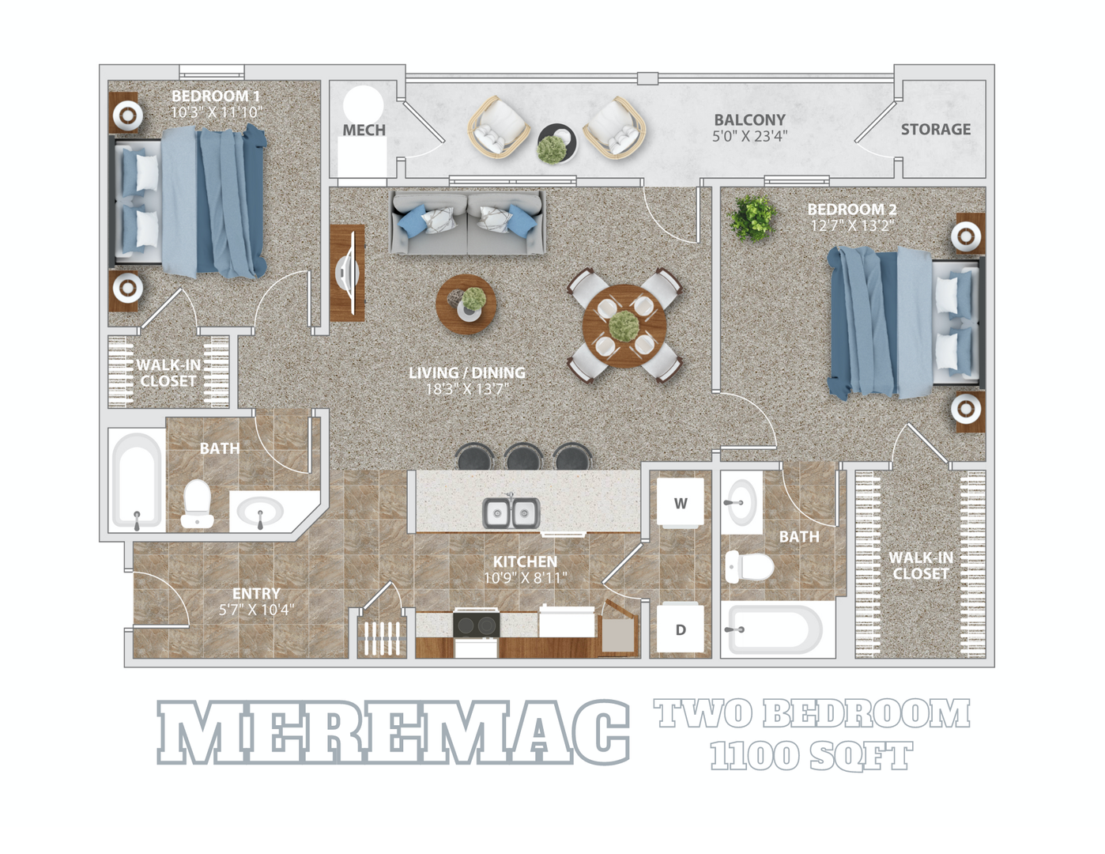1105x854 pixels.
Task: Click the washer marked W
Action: [680, 503]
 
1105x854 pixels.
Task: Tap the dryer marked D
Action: [680, 629]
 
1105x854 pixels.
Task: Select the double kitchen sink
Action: [511, 513]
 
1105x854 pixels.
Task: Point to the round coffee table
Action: [466, 304]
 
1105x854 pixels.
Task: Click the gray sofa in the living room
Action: [468, 222]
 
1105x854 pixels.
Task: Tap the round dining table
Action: [624, 325]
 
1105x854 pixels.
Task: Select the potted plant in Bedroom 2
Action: [752, 217]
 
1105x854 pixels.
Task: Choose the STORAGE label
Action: [935, 129]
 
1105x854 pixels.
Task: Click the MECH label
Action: [364, 130]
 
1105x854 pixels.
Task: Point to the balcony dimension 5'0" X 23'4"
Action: [749, 136]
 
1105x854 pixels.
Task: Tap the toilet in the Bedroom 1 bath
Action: [197, 504]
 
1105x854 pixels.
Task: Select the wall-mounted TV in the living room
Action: [347, 273]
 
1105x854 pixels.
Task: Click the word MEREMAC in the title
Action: [393, 733]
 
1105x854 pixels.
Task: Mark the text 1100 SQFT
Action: [811, 757]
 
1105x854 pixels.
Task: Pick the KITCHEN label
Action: [525, 561]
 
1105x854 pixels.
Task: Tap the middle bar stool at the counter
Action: [523, 458]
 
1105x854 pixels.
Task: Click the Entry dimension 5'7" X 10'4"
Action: [256, 610]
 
